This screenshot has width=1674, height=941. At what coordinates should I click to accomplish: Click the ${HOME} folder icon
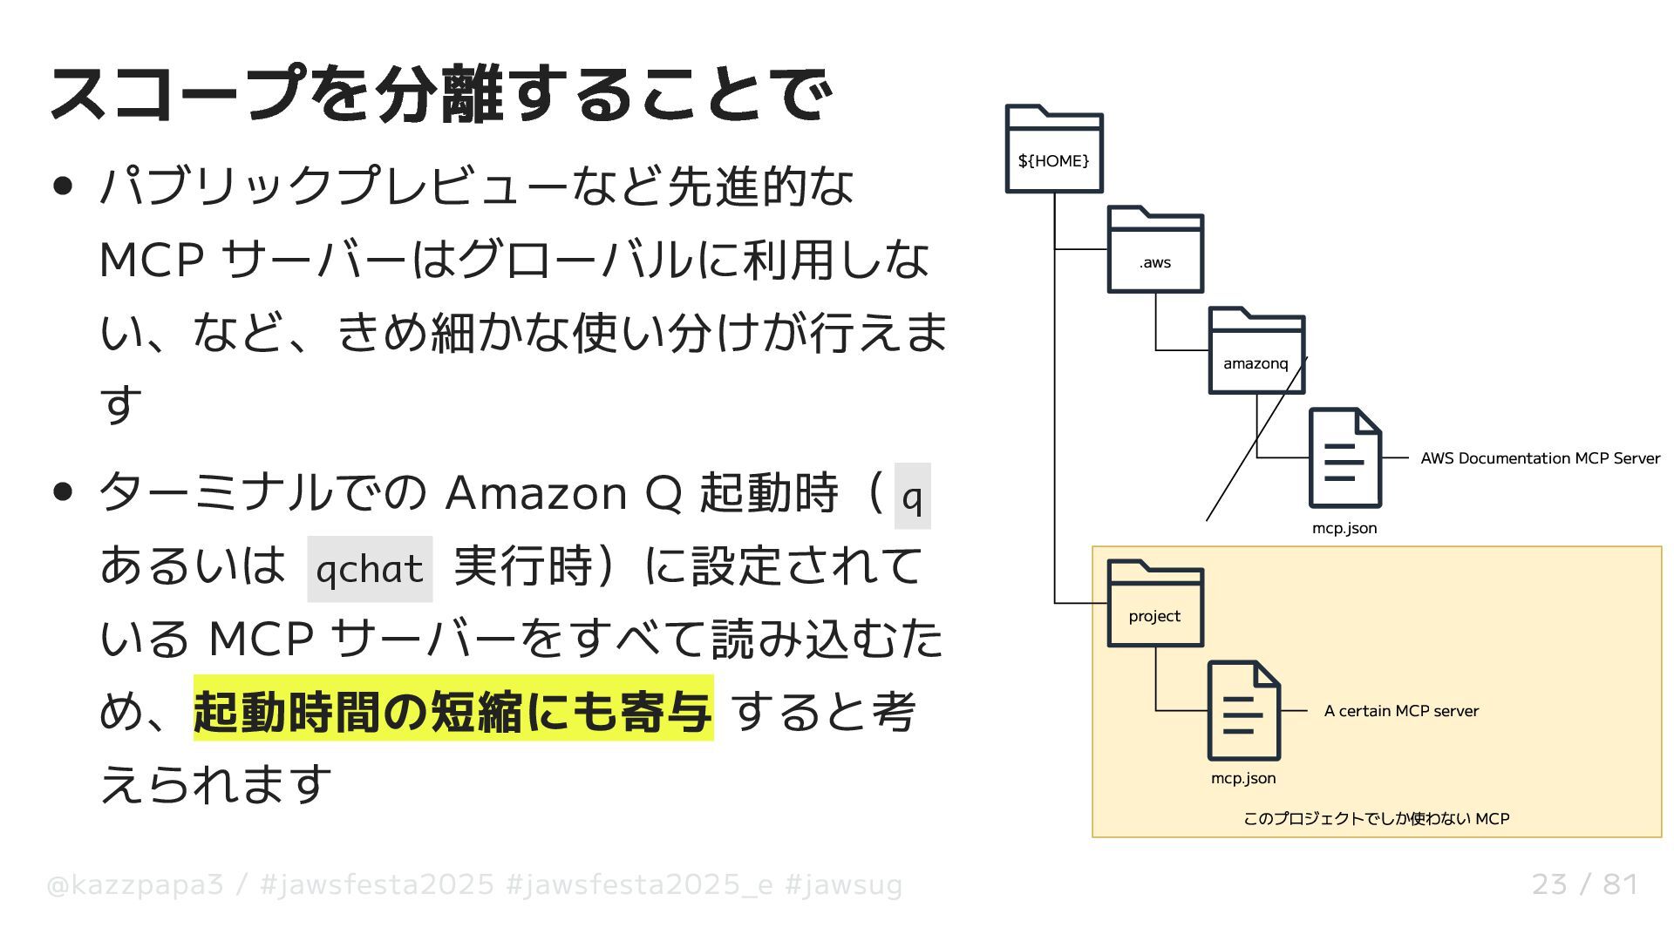coord(1054,149)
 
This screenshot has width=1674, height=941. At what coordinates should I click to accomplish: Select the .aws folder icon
coord(1155,250)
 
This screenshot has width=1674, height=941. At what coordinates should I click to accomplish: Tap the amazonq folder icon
coord(1256,351)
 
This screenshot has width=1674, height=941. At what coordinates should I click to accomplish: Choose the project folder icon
coord(1155,604)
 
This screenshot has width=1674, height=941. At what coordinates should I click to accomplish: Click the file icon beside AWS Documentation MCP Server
coord(1344,457)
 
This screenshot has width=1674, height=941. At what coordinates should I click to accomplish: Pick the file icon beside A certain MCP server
coord(1243,710)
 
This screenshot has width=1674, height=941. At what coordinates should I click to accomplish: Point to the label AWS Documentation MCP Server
coord(1540,458)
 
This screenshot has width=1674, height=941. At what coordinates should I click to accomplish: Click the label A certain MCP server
coord(1401,711)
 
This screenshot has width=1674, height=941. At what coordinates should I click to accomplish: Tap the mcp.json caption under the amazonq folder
coord(1344,528)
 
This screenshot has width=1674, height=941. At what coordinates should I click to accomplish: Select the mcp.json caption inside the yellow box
coord(1243,778)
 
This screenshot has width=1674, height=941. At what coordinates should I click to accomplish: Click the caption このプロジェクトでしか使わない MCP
coord(1376,819)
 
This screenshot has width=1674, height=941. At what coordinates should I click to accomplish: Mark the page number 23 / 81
coord(1584,884)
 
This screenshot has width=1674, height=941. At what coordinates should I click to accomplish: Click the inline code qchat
coord(370,569)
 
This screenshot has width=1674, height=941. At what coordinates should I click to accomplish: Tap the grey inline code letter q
coord(912,496)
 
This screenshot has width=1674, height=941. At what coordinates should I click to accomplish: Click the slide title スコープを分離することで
coord(441,93)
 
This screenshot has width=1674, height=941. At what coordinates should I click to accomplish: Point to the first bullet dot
coord(63,186)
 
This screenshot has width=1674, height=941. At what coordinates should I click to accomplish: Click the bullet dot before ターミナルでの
coord(63,492)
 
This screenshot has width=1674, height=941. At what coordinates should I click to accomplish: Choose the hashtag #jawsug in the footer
coord(843,885)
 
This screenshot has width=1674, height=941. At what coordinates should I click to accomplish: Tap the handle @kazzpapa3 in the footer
coord(134,885)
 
